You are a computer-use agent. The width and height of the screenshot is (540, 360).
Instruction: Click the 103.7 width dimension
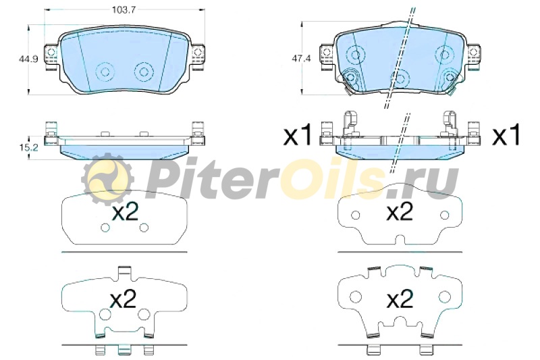[124, 9]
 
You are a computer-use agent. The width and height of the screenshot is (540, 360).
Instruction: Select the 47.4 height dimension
[301, 59]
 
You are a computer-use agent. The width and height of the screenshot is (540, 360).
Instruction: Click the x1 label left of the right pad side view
[298, 135]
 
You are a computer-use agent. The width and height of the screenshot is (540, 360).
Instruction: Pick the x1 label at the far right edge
[506, 135]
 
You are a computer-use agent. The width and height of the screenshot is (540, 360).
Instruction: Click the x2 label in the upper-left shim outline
[126, 211]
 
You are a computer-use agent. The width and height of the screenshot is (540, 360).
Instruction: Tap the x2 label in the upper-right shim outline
[400, 211]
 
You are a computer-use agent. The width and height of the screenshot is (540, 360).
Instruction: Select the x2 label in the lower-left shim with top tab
[124, 299]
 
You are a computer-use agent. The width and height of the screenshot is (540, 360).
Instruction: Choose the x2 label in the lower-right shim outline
[400, 299]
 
